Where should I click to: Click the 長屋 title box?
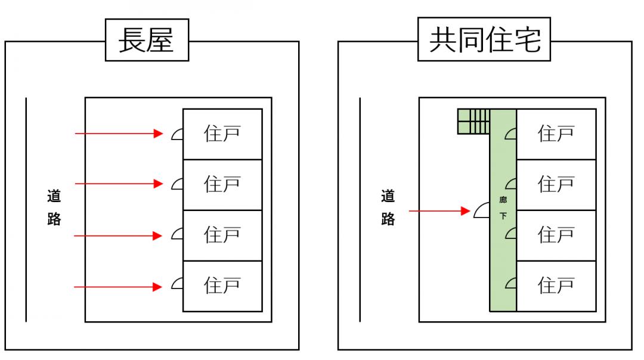pyautogui.click(x=146, y=41)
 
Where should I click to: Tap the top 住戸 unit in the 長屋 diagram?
pyautogui.click(x=222, y=134)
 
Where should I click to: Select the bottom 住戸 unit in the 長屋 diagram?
pyautogui.click(x=222, y=286)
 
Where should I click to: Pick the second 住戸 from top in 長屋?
pyautogui.click(x=222, y=184)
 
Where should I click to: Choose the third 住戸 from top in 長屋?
pyautogui.click(x=222, y=235)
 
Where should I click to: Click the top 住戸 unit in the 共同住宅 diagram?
pyautogui.click(x=556, y=134)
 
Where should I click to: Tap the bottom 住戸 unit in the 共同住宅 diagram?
pyautogui.click(x=556, y=286)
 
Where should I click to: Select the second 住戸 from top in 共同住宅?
pyautogui.click(x=556, y=184)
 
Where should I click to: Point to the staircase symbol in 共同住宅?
pyautogui.click(x=473, y=122)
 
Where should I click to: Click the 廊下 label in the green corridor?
pyautogui.click(x=503, y=208)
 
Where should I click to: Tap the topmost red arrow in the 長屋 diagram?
pyautogui.click(x=119, y=134)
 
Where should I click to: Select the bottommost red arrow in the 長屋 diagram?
pyautogui.click(x=119, y=287)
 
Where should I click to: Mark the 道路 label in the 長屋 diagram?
pyautogui.click(x=54, y=207)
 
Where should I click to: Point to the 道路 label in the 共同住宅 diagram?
pyautogui.click(x=388, y=207)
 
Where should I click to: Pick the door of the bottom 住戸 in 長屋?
pyautogui.click(x=177, y=285)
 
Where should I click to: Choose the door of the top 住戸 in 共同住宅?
pyautogui.click(x=511, y=134)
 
